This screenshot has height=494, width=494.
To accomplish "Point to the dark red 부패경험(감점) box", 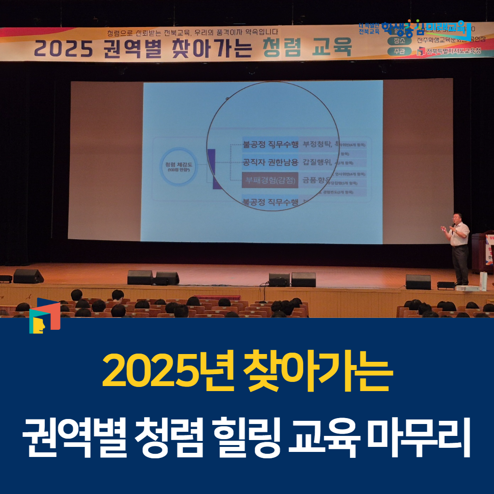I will coord(269,178).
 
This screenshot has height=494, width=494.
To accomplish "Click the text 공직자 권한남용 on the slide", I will coord(270,161).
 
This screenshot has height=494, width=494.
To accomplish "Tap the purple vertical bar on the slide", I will coord(211,168).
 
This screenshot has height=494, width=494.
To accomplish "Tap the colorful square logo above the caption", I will coord(44,316).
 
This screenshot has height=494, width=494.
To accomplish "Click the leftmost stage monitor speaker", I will coord(28,276).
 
